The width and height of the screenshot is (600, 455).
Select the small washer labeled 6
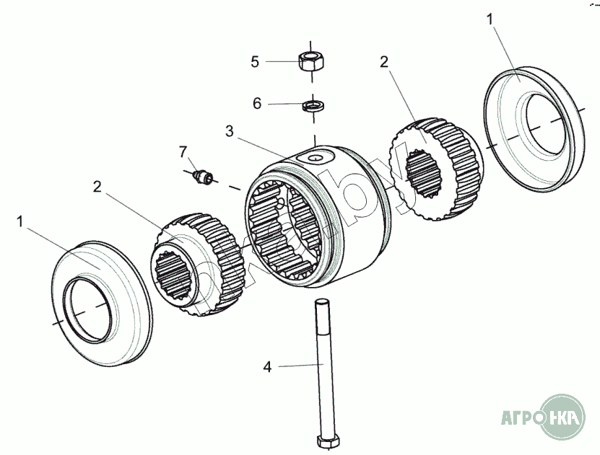pos(312,105)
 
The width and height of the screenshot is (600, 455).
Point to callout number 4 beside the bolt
pos(266,367)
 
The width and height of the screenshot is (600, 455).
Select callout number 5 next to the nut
pos(254,61)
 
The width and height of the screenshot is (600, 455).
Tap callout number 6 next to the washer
pos(256,103)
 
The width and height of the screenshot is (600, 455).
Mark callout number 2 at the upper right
pos(383,61)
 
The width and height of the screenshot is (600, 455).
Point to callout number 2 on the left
pos(97,187)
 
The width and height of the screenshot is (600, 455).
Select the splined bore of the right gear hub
pos(425,176)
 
